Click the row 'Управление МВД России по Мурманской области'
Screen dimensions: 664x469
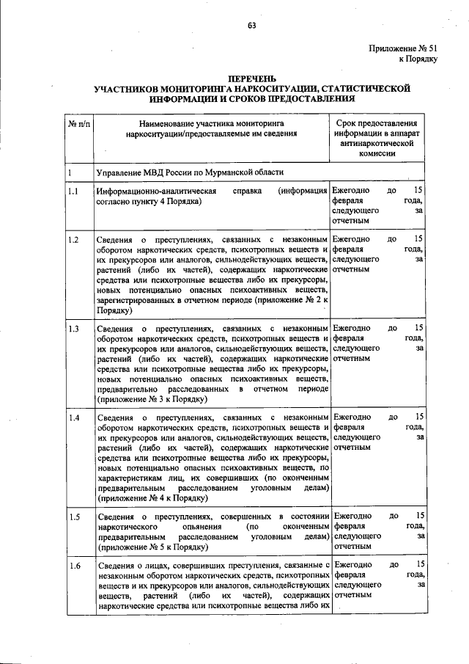point(189,172)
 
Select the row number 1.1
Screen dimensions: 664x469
point(74,191)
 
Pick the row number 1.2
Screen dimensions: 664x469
point(74,239)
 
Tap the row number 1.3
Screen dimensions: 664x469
point(74,328)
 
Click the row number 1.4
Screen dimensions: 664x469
point(74,417)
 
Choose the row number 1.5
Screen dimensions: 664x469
point(74,517)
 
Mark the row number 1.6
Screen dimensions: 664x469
point(74,566)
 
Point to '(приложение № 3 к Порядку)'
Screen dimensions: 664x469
point(152,400)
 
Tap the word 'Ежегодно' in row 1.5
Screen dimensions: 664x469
point(351,517)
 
